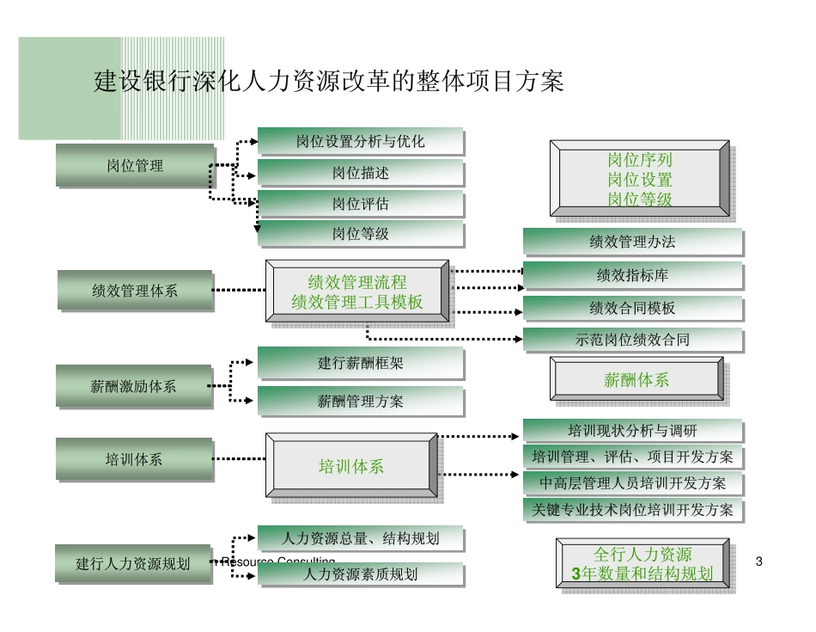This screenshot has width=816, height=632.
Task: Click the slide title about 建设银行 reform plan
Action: (x=328, y=82)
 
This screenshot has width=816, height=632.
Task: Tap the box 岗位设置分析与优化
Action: (x=361, y=142)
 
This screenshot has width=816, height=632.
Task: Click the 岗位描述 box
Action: (x=361, y=173)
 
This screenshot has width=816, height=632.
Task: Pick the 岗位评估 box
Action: (x=361, y=205)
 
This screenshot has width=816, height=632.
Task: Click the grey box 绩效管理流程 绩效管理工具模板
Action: (x=356, y=292)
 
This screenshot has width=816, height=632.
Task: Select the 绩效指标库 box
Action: (x=632, y=276)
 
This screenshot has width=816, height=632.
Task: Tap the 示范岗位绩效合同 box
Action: (x=632, y=340)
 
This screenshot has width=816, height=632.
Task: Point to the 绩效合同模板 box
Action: (x=632, y=308)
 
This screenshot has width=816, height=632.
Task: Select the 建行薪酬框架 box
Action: (x=361, y=363)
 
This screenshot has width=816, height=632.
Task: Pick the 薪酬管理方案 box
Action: (x=361, y=401)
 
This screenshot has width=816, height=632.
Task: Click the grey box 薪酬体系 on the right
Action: (x=636, y=380)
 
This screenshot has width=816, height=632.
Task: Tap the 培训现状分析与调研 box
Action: (x=632, y=430)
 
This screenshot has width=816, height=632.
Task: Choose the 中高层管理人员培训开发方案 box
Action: (x=632, y=483)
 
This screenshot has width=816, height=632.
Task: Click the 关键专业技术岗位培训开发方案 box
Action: (x=632, y=510)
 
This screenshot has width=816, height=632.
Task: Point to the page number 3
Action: (x=758, y=561)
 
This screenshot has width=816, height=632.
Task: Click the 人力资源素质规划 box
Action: (x=361, y=574)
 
